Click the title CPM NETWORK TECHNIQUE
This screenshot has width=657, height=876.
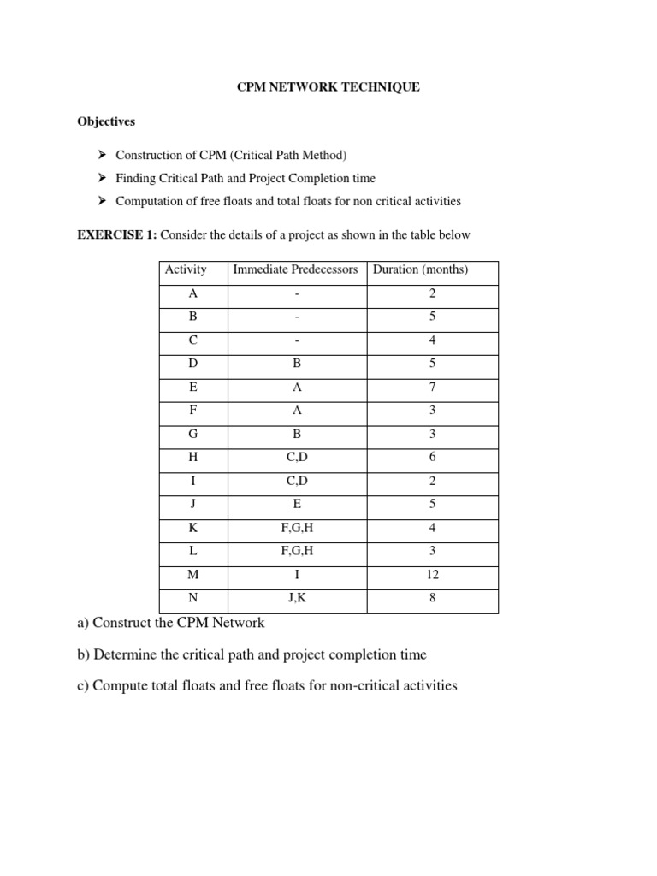point(328,87)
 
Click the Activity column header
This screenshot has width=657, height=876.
point(186,269)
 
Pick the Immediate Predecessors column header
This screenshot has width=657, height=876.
point(296,269)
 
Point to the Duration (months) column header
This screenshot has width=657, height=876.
point(420,269)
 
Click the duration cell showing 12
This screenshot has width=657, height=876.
point(433,574)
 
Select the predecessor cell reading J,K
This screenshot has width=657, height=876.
point(297,598)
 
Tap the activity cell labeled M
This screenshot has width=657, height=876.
point(192,574)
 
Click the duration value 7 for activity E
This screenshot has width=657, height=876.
point(433,387)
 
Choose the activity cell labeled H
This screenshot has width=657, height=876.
point(192,457)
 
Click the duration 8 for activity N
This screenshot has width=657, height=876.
point(433,598)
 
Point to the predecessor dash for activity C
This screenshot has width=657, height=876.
point(297,340)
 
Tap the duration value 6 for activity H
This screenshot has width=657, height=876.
point(433,457)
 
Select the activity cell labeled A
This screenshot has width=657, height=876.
point(192,293)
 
